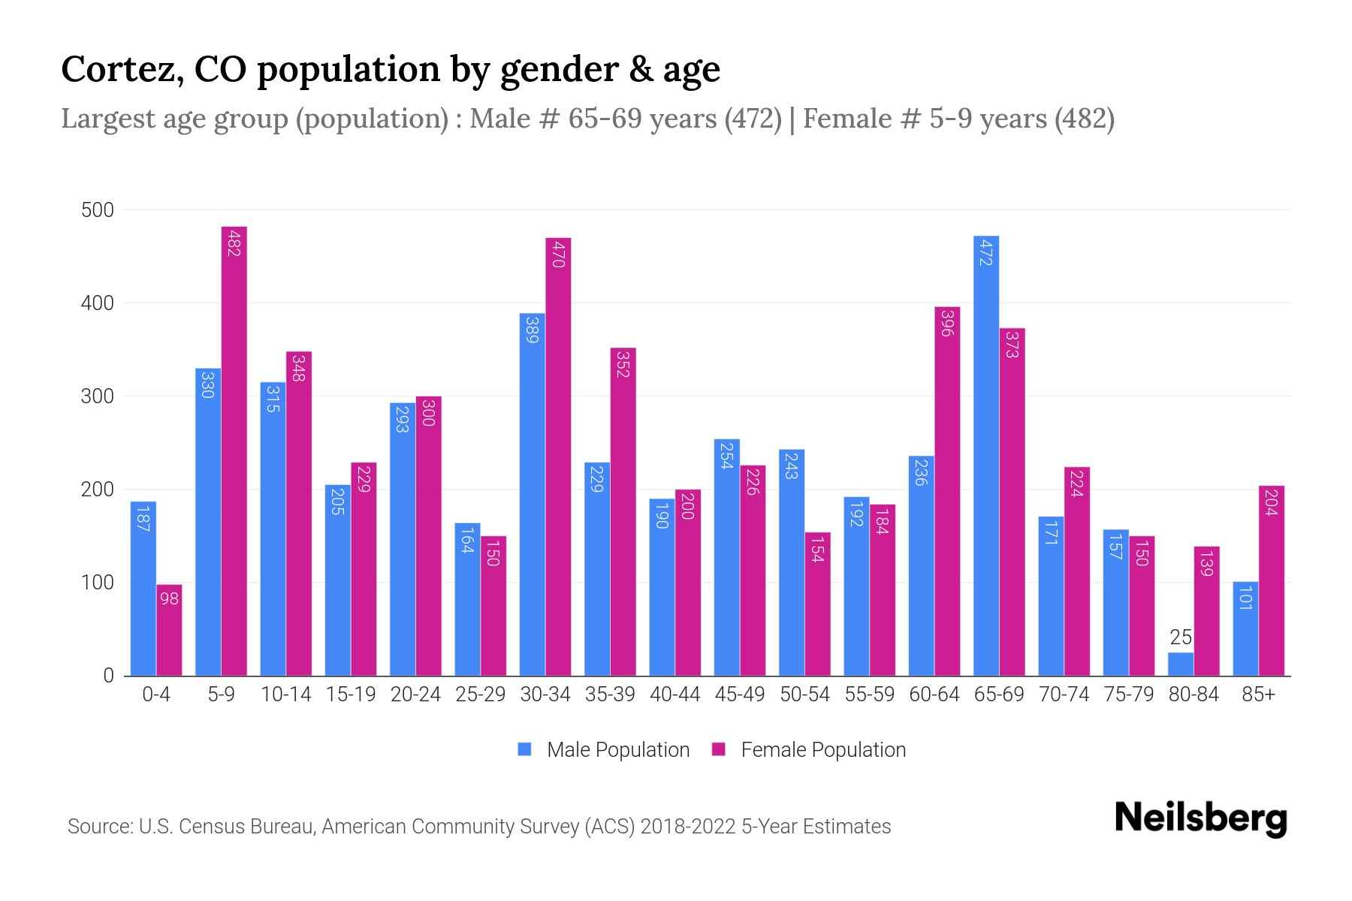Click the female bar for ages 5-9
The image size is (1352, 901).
[234, 450]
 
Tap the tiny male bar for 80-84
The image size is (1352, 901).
[1180, 664]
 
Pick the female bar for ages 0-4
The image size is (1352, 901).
[169, 631]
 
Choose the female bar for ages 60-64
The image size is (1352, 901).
[946, 491]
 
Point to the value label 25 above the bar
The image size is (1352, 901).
[1181, 637]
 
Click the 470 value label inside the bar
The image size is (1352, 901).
[558, 253]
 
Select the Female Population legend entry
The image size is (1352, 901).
[809, 749]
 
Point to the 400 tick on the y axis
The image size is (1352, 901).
[98, 303]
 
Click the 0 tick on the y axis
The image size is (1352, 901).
[108, 676]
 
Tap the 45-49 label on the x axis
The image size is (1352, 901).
[739, 695]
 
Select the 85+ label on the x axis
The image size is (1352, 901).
[1258, 695]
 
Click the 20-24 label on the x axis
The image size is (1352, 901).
[415, 695]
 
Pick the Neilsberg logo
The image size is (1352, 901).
[1200, 818]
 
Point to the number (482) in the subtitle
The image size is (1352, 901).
[1084, 119]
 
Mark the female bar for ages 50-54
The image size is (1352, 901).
[817, 604]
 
